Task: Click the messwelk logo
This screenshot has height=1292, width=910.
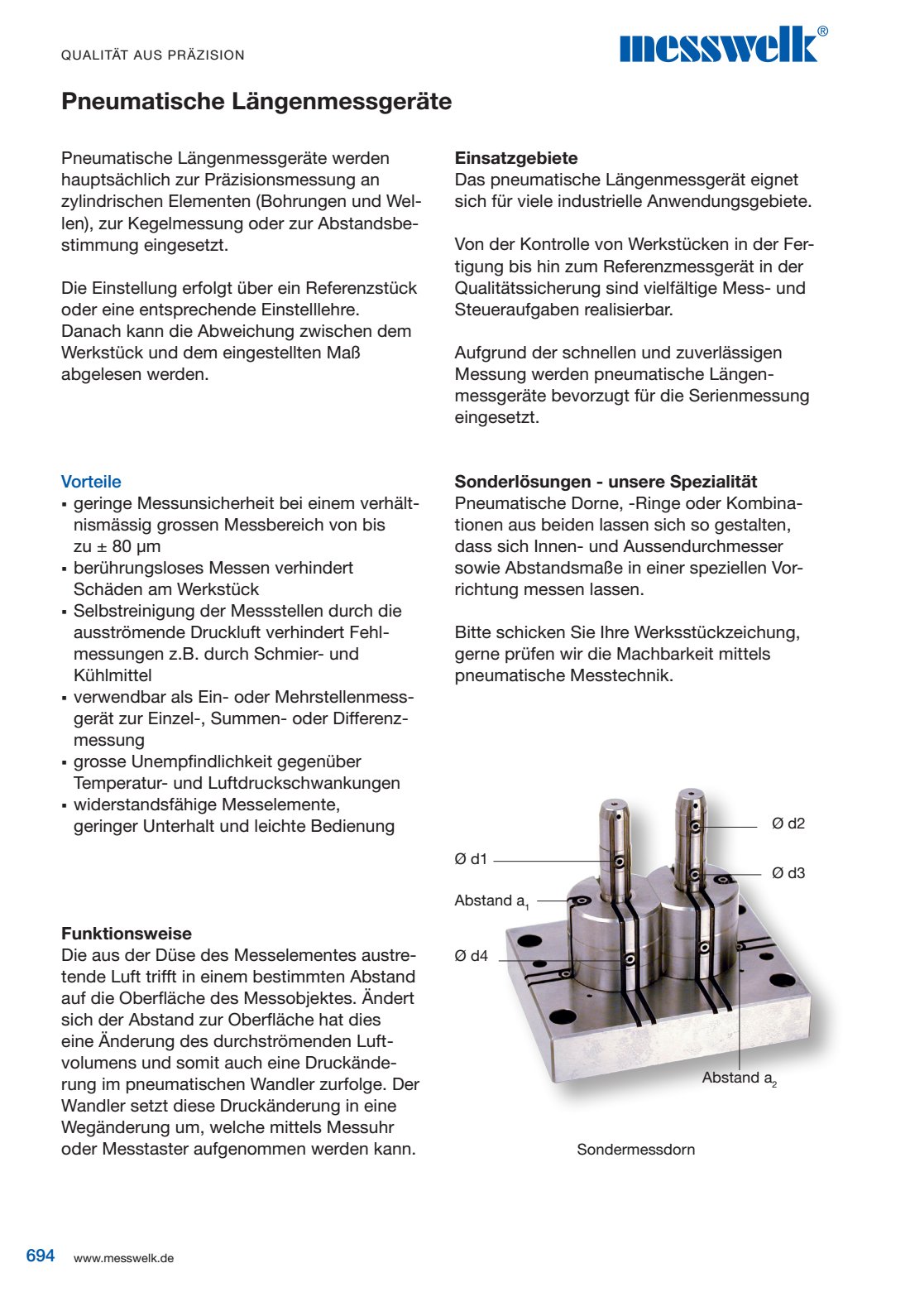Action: tap(718, 46)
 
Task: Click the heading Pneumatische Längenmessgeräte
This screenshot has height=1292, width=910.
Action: tap(256, 102)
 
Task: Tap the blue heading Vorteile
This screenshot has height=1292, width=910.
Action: tap(91, 482)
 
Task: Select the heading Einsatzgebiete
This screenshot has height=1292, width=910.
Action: tap(516, 158)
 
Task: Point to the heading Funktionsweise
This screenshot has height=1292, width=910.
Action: tap(127, 934)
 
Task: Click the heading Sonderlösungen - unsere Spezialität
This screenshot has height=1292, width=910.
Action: tap(606, 482)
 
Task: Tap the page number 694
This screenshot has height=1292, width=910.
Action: tap(41, 1256)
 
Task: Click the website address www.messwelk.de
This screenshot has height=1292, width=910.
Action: tap(123, 1258)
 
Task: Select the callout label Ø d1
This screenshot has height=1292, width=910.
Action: tap(471, 859)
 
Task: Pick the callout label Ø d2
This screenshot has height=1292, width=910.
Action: tap(788, 824)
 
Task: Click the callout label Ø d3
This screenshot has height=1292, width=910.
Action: tap(788, 873)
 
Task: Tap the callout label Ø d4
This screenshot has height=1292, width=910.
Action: tap(471, 956)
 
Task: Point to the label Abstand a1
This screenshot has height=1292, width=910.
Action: tap(491, 901)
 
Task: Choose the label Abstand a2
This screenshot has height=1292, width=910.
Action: tap(739, 1078)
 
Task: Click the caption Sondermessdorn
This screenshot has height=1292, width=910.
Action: tap(635, 1150)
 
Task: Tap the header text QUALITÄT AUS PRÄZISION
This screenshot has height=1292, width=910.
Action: tap(153, 55)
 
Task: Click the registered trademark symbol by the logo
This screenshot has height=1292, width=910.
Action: tap(822, 31)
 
